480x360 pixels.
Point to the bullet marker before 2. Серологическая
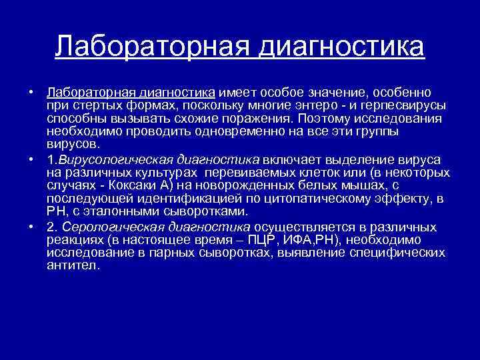pos(31,227)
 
